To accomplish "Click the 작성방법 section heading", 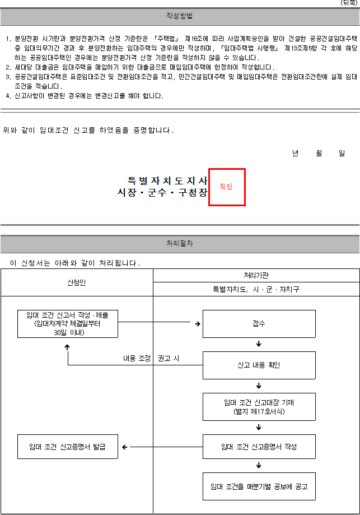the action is point(179,16).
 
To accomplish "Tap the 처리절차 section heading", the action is point(180,243).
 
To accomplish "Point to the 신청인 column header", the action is point(77,282).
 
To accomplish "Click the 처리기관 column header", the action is point(256,275).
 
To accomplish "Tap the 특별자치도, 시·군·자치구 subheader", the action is point(256,289).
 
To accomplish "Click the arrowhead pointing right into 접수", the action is point(198,324).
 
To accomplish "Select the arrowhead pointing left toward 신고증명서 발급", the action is point(124,447).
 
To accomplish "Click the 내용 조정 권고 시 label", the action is point(151,358).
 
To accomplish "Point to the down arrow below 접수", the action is point(259,344).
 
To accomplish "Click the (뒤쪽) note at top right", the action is point(348,3).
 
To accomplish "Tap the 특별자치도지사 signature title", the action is point(167,180).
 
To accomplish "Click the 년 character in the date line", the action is point(296,153).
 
